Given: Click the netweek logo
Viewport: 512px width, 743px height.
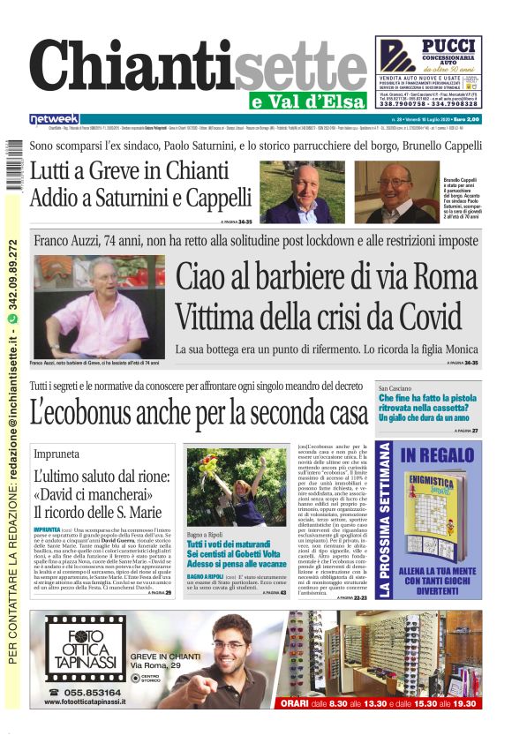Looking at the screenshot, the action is (54, 118).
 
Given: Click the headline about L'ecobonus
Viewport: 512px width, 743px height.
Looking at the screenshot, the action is (199, 411).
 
